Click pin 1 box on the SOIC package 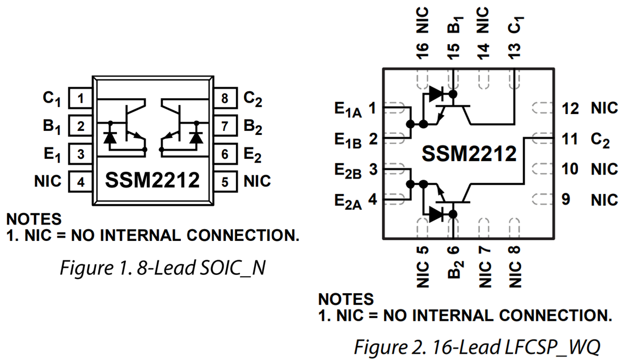pos(81,99)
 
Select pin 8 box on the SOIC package pos(225,99)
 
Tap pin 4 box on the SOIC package pos(81,181)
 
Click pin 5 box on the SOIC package pos(225,181)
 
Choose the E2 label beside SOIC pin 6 pos(253,154)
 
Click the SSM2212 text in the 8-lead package pos(153,180)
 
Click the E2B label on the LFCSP pos(347,171)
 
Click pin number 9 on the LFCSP pos(566,200)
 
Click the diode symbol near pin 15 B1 pos(437,94)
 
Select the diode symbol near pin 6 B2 pos(437,214)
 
